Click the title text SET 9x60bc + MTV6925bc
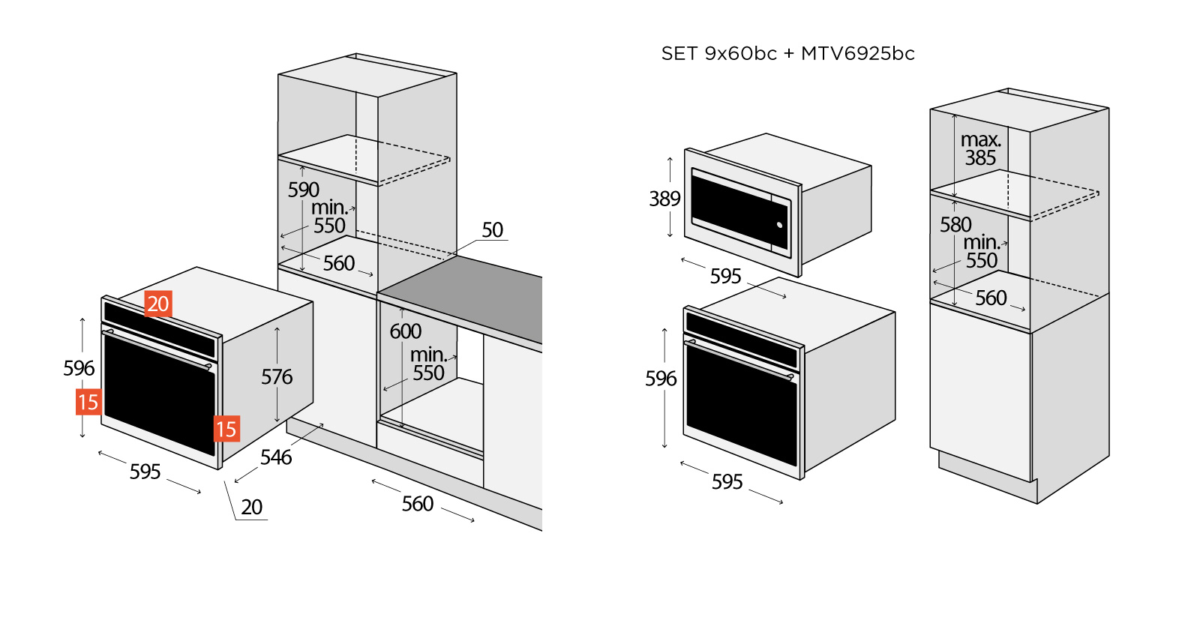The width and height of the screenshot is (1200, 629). click(787, 54)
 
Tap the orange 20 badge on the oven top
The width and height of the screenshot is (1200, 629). click(158, 304)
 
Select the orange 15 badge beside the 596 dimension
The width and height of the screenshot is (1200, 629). click(88, 402)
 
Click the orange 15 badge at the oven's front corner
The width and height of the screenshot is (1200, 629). click(226, 429)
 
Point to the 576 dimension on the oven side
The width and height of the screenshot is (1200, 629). click(277, 376)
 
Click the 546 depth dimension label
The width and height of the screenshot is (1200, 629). click(276, 457)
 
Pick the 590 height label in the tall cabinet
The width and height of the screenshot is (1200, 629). click(304, 190)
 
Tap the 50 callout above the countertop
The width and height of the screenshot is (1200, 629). click(492, 229)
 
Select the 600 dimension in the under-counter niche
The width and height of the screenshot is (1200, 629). click(405, 331)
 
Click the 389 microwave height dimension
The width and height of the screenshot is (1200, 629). click(664, 199)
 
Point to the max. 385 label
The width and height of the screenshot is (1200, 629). click(981, 148)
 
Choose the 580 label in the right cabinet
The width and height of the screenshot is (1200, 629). click(955, 224)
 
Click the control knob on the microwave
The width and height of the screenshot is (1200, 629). click(780, 225)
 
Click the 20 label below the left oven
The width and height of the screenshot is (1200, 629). click(252, 507)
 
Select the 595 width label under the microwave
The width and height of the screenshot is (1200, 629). click(725, 276)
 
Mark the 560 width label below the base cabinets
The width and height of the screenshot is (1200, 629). click(417, 503)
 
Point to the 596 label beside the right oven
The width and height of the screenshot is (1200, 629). click(661, 379)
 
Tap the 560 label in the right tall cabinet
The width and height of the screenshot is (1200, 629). click(991, 298)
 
